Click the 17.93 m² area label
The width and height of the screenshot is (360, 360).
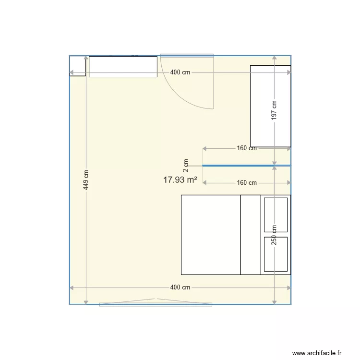click(x=180, y=180)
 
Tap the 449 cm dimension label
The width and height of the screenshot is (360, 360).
click(x=86, y=180)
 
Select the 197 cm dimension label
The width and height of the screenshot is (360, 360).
click(x=274, y=110)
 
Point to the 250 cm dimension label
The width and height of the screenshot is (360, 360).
click(x=274, y=235)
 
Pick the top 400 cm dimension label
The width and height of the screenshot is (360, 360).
click(x=180, y=72)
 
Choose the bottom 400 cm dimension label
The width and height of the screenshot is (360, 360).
click(x=180, y=288)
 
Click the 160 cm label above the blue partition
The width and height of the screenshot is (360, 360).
click(x=247, y=148)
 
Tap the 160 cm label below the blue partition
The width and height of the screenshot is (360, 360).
click(x=247, y=183)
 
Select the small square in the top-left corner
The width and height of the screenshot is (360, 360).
click(x=78, y=66)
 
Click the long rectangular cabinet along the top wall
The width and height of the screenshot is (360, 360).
click(x=123, y=67)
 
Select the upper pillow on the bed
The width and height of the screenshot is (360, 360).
click(x=276, y=215)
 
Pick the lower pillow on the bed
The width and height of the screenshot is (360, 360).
click(x=276, y=254)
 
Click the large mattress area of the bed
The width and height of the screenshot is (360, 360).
click(x=210, y=235)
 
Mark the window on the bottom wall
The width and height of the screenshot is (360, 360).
click(x=156, y=303)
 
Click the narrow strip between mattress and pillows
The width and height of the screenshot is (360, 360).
click(x=250, y=235)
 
